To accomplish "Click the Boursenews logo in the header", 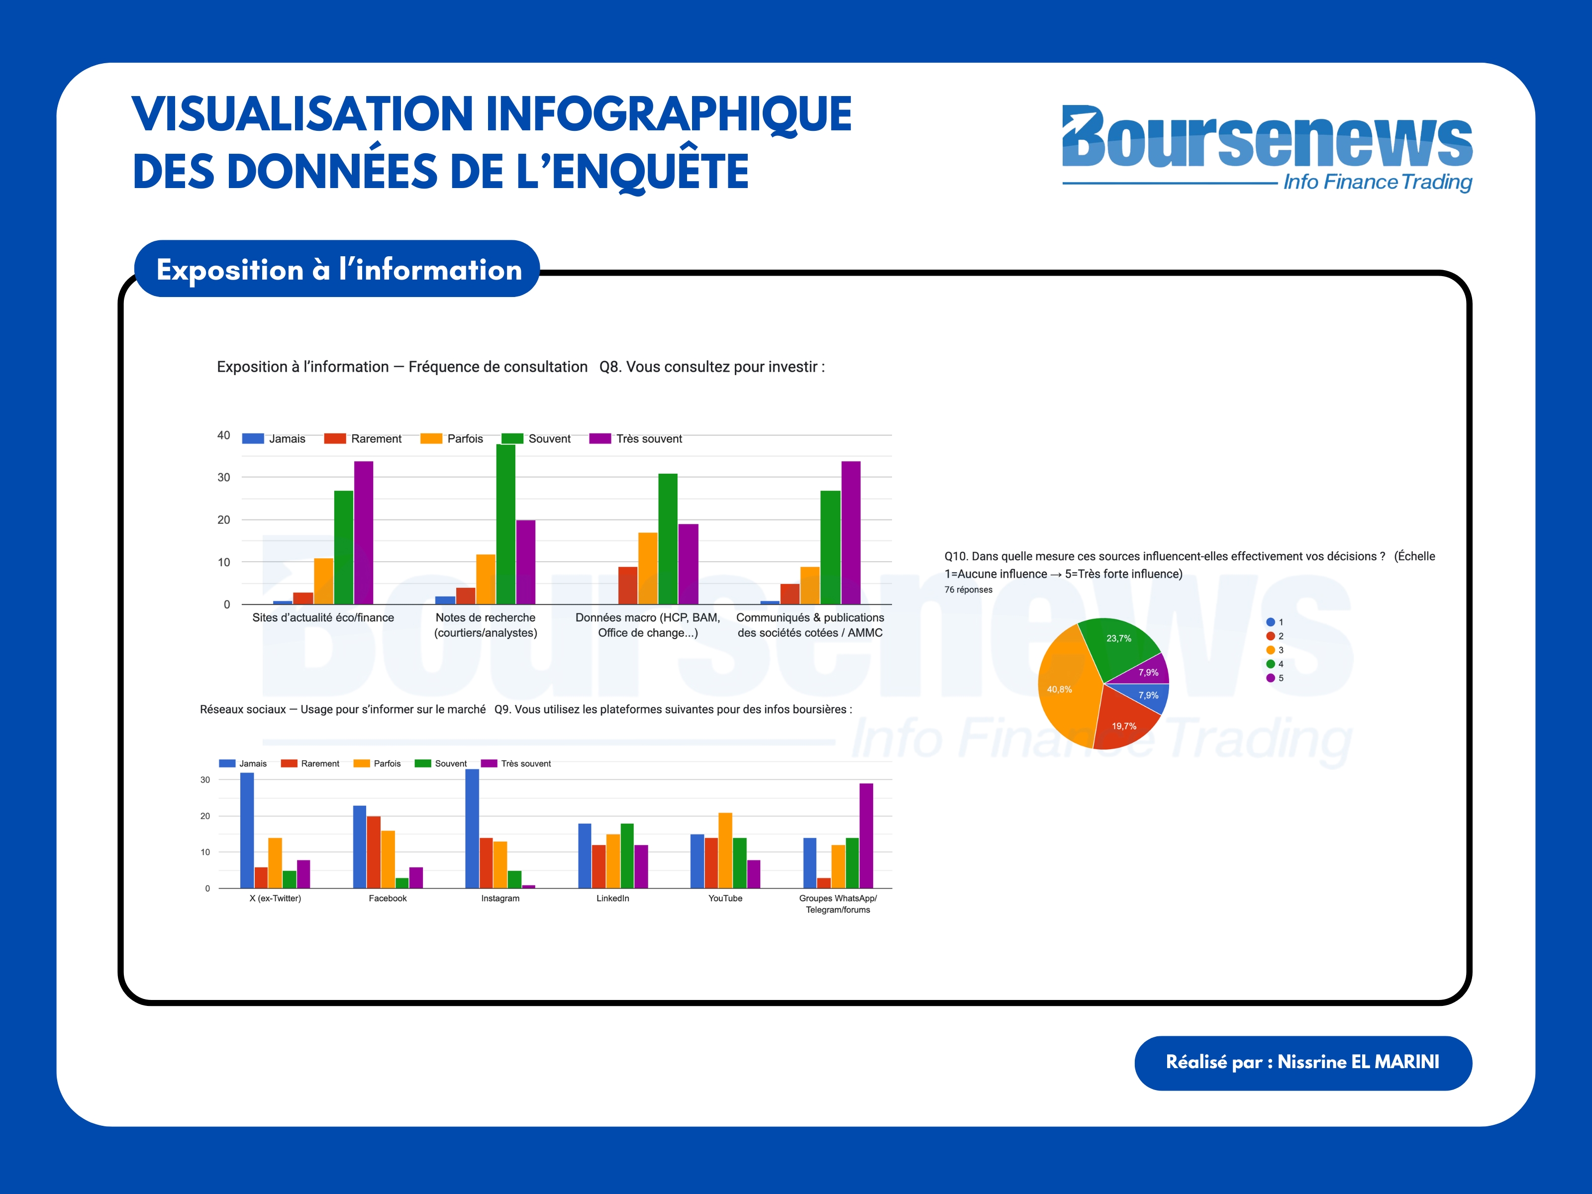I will (x=1266, y=148).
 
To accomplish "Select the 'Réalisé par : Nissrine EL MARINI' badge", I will (x=1302, y=1062).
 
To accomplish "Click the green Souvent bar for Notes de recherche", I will (x=505, y=524).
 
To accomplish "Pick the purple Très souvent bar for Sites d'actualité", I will (x=364, y=533).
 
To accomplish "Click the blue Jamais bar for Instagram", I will (x=472, y=828).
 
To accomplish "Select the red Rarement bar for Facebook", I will (x=374, y=852).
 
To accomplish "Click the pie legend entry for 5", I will (x=1275, y=678).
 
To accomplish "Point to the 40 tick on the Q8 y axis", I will (x=224, y=435).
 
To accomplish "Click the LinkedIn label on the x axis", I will (x=612, y=898).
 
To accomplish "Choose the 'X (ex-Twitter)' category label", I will (x=275, y=898).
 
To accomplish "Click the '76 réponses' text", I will (x=968, y=590).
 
